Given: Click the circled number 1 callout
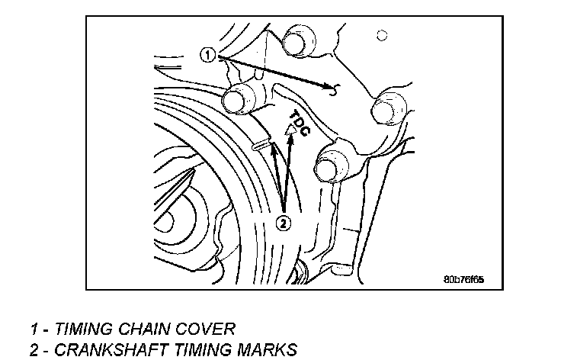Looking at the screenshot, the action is pos(208,54).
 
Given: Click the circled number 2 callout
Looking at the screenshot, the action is pos(283,223).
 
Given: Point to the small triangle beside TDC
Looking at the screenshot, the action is pos(289,131).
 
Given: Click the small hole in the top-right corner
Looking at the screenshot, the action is pos(382,34).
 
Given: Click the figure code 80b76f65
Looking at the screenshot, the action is pos(463,279).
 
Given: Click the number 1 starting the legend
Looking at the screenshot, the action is pos(34,329).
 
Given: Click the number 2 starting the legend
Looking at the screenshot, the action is pos(34,350).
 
